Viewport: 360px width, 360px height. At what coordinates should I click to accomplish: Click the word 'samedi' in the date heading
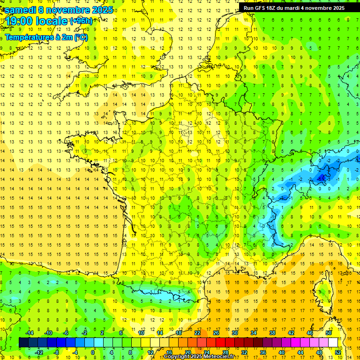coord(20,10)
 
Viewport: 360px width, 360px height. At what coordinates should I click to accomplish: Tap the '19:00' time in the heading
coord(19,21)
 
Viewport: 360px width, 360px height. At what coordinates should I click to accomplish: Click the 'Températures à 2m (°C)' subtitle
coord(46,37)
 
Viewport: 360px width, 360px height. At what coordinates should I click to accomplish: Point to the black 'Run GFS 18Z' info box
coord(294,7)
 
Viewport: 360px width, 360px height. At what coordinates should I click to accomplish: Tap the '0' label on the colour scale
coord(93,352)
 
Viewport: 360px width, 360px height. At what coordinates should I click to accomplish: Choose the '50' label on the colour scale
coord(328,333)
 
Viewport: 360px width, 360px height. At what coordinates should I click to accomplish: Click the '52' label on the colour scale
coord(337,352)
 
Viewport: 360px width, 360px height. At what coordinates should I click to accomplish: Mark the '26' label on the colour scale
coord(216,333)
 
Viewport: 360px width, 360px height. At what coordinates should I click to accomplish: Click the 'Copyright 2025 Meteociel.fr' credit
coord(199,357)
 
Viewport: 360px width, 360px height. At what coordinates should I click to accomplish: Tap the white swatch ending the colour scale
coord(333,342)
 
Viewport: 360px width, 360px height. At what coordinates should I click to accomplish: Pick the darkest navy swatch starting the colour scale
coord(24,342)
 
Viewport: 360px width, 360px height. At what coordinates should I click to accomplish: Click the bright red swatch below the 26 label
coord(221,342)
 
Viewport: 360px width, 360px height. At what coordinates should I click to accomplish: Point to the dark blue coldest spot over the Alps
coord(322,177)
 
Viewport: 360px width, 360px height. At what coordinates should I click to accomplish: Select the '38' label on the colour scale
coord(272,333)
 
